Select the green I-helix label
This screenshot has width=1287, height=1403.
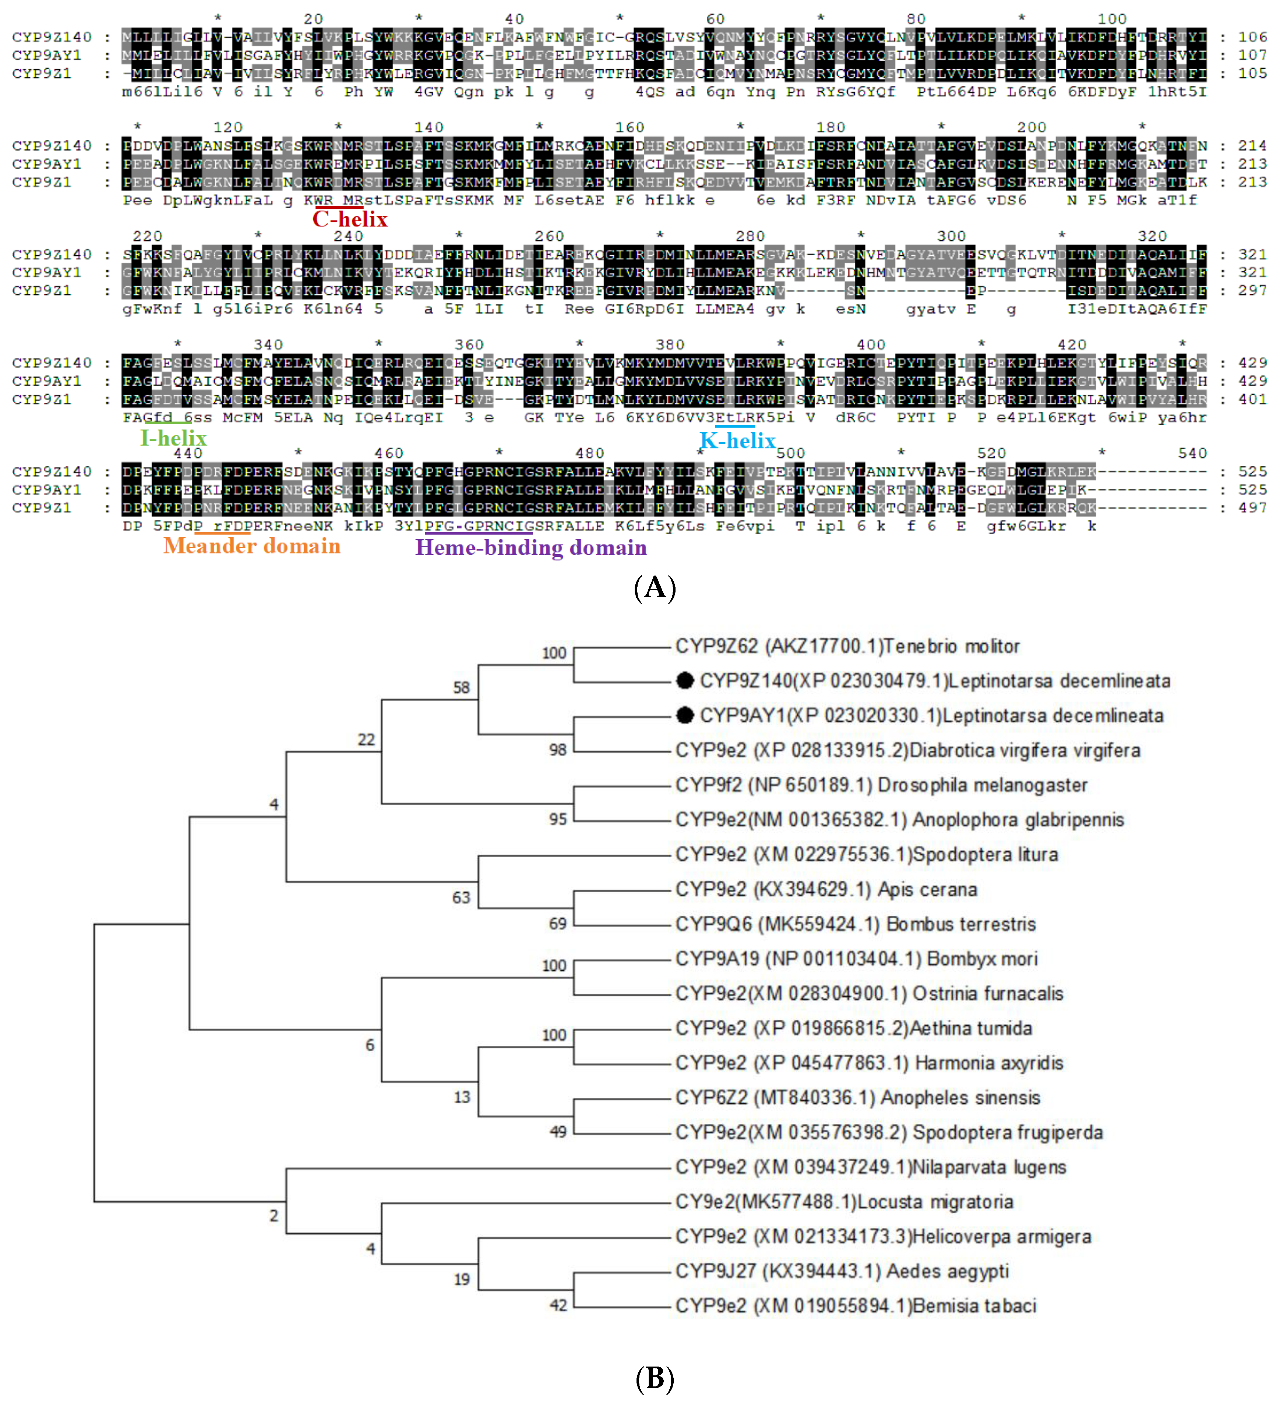click(x=173, y=438)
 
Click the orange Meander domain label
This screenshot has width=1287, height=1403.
click(x=252, y=546)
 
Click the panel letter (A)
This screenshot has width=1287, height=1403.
click(x=655, y=588)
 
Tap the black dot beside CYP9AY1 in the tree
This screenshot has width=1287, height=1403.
click(x=685, y=715)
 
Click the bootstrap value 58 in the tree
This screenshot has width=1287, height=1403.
click(x=461, y=688)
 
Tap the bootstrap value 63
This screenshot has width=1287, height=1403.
click(x=461, y=897)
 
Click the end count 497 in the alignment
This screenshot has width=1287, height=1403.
click(x=1252, y=508)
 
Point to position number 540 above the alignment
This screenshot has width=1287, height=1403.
click(x=1192, y=454)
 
